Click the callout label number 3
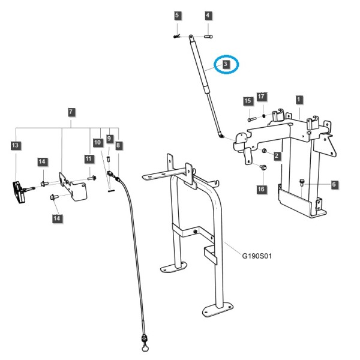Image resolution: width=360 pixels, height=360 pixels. click(226, 64)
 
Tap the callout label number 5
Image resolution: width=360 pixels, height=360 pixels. click(177, 16)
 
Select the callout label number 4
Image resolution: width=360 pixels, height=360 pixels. click(208, 16)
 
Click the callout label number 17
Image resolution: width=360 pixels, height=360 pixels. click(261, 96)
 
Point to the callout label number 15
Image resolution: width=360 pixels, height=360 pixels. click(248, 101)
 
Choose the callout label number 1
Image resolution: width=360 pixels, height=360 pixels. click(298, 100)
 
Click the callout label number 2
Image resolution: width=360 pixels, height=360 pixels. click(277, 156)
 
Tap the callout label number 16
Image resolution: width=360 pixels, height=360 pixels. click(261, 189)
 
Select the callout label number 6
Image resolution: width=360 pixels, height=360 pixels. click(334, 184)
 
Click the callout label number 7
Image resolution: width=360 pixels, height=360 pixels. click(71, 112)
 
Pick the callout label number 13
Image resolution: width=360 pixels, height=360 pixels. click(15, 145)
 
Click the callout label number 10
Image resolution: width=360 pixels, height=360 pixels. click(97, 142)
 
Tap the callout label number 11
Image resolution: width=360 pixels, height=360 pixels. click(88, 158)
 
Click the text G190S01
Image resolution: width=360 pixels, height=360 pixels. click(257, 256)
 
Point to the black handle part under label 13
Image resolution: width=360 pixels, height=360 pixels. click(19, 192)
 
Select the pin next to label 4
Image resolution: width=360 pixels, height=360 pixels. click(208, 36)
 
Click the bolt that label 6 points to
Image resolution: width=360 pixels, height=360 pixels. click(302, 183)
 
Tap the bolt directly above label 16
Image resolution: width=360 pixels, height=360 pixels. click(263, 167)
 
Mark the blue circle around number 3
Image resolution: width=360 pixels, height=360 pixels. click(226, 64)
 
